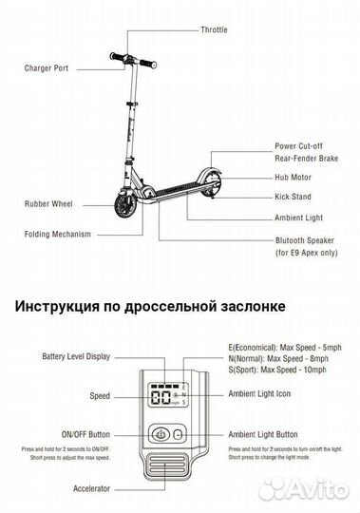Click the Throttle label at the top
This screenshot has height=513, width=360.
coord(214,29)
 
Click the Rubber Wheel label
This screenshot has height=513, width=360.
coord(47,204)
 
